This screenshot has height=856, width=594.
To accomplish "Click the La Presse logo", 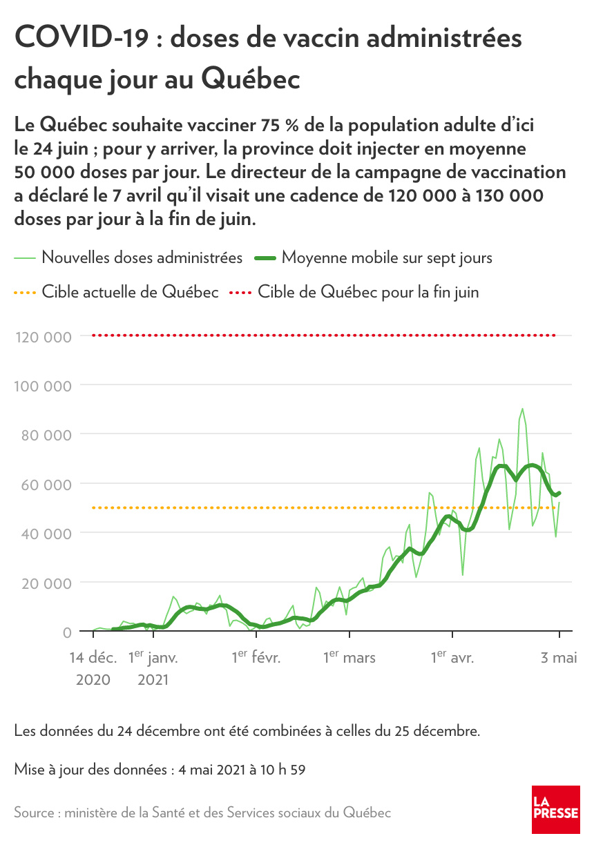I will [x=555, y=810].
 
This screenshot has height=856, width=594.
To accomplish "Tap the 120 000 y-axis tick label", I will [x=43, y=337].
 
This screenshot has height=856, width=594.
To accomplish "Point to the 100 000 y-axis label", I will [x=43, y=386].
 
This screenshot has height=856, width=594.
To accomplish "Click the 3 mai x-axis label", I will [x=559, y=658].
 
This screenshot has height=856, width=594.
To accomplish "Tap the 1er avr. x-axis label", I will [x=452, y=658].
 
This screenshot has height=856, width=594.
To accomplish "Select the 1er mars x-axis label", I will [x=349, y=658].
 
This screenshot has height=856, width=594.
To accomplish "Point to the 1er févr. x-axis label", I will [x=256, y=658].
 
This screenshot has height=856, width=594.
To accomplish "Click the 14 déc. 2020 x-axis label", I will [x=93, y=668].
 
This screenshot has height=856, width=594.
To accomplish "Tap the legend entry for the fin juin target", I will [x=368, y=293].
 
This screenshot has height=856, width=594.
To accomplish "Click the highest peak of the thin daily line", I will [x=522, y=409].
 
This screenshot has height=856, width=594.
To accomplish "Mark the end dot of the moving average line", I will [x=559, y=493].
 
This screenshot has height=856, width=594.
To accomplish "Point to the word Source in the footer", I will [x=35, y=813].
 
